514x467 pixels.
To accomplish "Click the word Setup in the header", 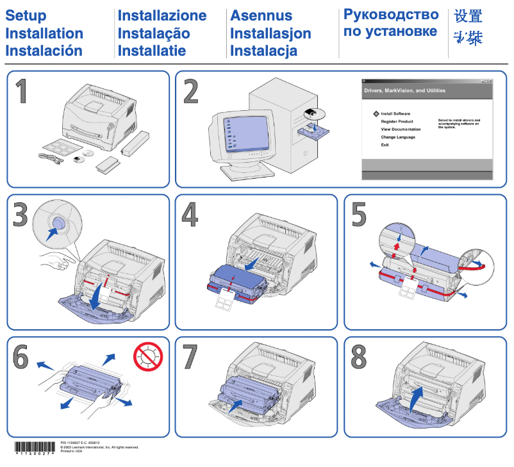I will tap(26, 16).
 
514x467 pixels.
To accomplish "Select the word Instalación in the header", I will tap(44, 51).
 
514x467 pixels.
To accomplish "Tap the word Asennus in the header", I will tap(261, 16).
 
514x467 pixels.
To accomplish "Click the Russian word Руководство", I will tap(391, 15).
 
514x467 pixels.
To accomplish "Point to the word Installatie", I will tap(152, 51).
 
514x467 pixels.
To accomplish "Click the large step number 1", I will tap(21, 92).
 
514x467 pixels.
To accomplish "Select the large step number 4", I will tap(190, 215).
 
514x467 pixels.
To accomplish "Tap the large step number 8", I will tap(359, 356).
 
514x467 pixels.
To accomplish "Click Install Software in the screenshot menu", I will tap(395, 113).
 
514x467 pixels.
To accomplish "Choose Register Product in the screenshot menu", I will tap(397, 121).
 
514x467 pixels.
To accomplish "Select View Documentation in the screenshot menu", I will tap(401, 129).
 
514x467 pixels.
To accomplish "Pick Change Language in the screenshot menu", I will tap(398, 137).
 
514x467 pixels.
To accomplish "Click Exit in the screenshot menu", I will tap(385, 145).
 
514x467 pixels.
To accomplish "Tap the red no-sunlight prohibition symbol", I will tap(147, 357).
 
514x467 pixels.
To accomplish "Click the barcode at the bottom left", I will tap(35, 448).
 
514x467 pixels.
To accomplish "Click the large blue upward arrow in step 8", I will tap(417, 400).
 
